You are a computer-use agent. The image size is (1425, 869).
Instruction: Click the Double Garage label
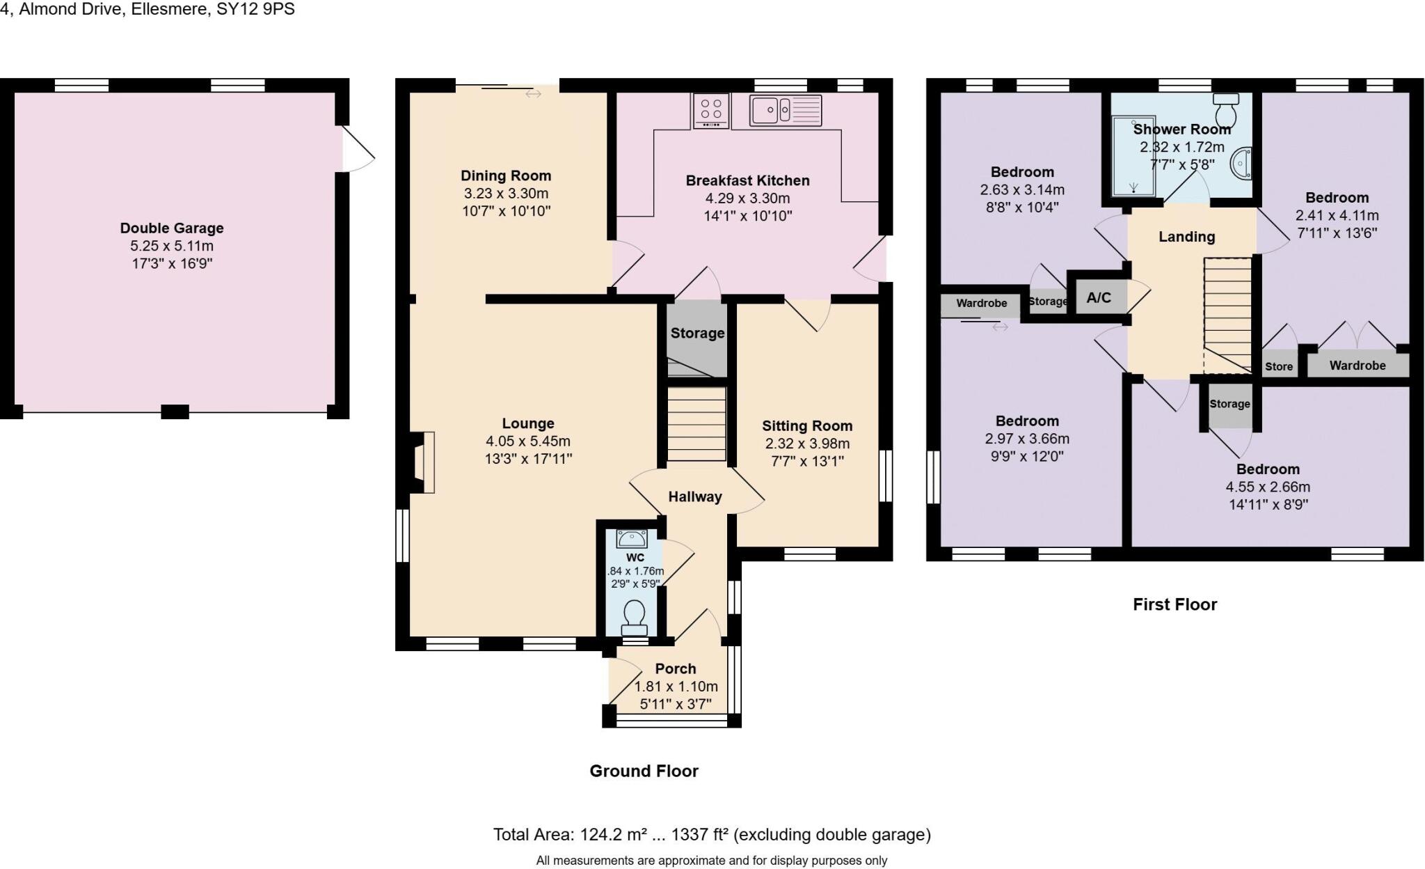pyautogui.click(x=172, y=228)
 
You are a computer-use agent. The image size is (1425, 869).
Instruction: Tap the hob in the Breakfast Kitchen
pyautogui.click(x=710, y=111)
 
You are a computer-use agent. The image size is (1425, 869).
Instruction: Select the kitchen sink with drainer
pyautogui.click(x=786, y=110)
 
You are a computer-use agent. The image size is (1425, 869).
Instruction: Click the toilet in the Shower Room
pyautogui.click(x=1225, y=108)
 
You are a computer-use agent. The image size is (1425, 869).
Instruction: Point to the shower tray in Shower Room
pyautogui.click(x=1133, y=155)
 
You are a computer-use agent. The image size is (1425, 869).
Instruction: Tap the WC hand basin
pyautogui.click(x=632, y=538)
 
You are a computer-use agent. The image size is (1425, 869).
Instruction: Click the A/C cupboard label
pyautogui.click(x=1099, y=298)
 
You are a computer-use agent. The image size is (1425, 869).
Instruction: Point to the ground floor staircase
pyautogui.click(x=696, y=424)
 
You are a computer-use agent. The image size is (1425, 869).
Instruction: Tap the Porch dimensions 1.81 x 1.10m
pyautogui.click(x=676, y=687)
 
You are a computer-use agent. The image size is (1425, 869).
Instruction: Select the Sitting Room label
pyautogui.click(x=807, y=426)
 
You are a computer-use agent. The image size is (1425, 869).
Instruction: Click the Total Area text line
pyautogui.click(x=711, y=834)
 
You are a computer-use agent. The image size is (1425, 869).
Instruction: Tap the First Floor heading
pyautogui.click(x=1175, y=604)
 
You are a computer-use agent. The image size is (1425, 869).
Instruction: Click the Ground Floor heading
pyautogui.click(x=644, y=771)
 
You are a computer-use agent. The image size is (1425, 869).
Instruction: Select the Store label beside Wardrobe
pyautogui.click(x=1279, y=366)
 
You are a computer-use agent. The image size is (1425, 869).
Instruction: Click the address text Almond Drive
pyautogui.click(x=70, y=9)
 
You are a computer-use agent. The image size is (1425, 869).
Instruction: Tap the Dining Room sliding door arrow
pyautogui.click(x=533, y=93)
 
